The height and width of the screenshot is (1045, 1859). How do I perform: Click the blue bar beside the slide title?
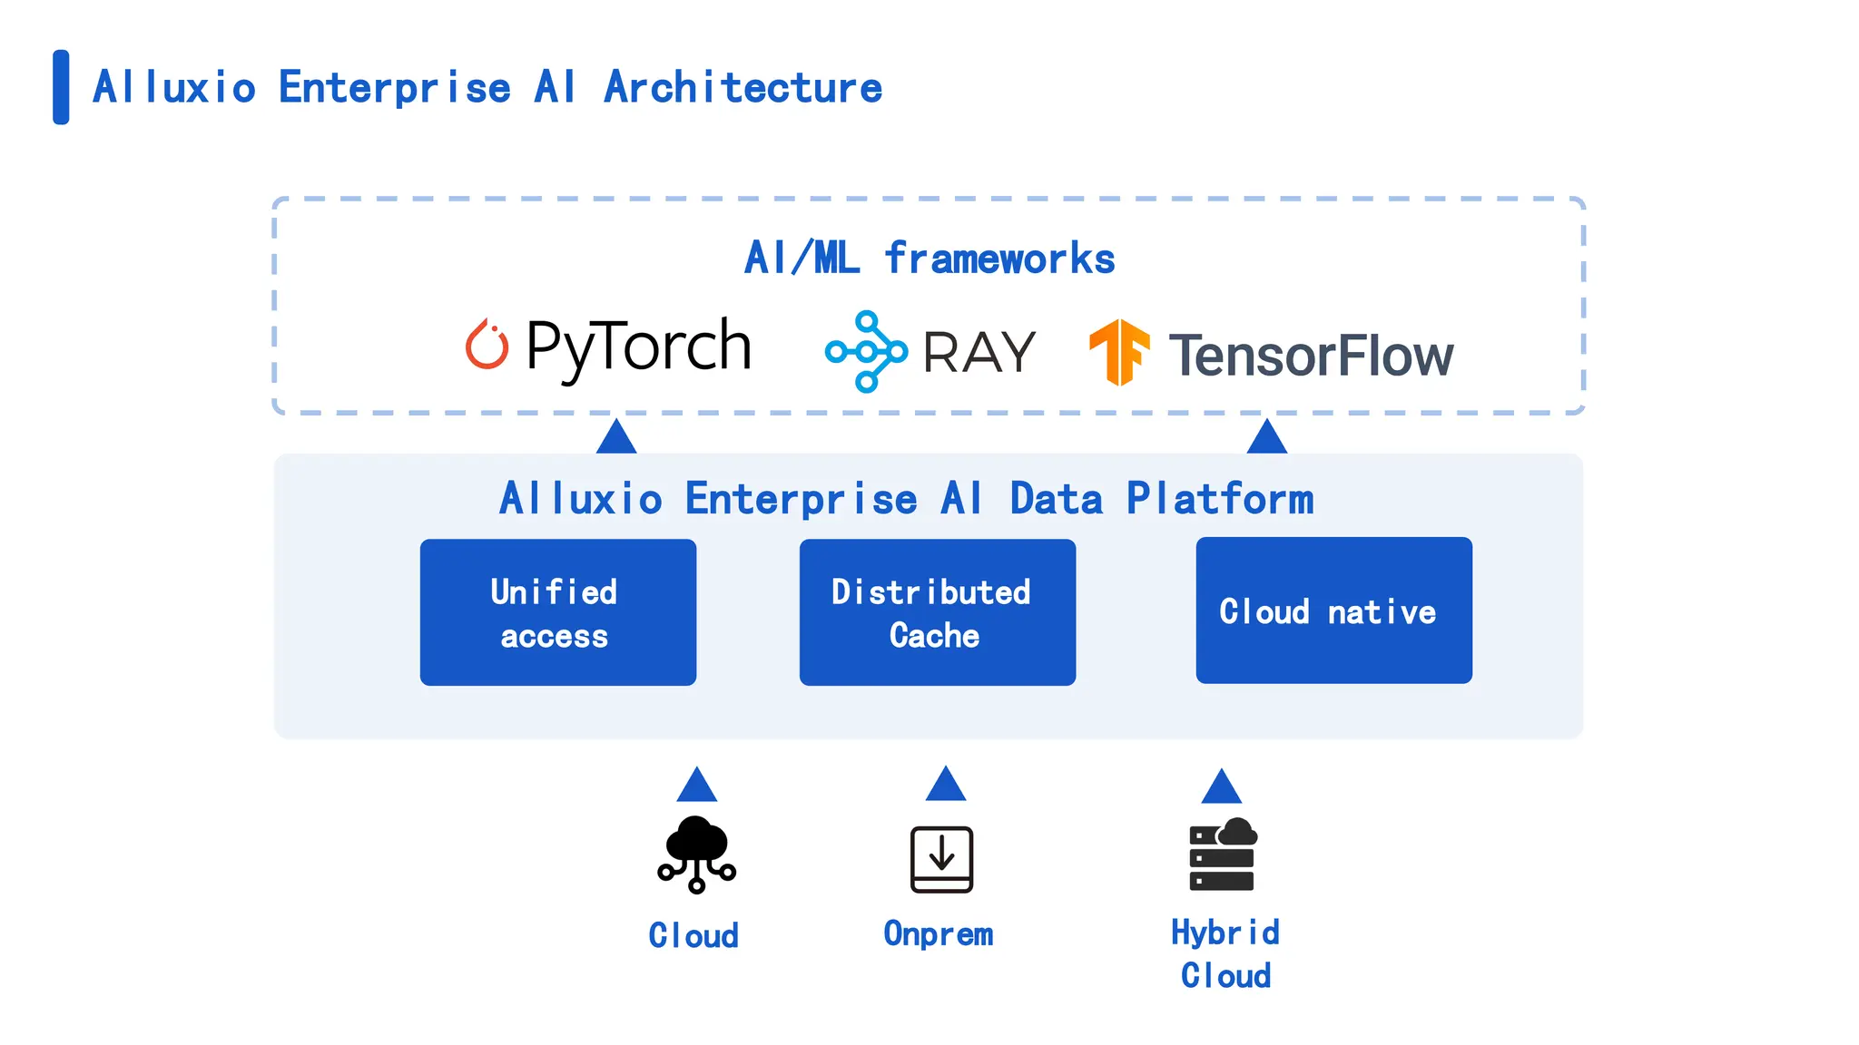pos(61,87)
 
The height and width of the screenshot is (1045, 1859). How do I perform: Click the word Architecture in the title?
pos(743,88)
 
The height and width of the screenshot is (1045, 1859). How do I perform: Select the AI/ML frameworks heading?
pos(929,259)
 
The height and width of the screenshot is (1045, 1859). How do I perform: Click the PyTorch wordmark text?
pos(639,347)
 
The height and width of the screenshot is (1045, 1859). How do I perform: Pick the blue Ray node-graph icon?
pos(866,352)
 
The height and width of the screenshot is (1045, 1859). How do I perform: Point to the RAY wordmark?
pos(979,353)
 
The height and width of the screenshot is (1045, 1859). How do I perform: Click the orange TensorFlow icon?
pos(1119,352)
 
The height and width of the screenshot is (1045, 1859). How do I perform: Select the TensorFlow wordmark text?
pos(1311,356)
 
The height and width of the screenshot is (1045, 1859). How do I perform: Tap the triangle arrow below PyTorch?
pos(616,438)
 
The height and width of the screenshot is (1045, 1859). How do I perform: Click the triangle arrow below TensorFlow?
pos(1267,438)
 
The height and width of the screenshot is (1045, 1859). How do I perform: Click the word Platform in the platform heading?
pos(1220,499)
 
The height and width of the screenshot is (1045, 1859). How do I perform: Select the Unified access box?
pos(557,612)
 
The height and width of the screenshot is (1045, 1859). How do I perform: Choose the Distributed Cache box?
pos(937,612)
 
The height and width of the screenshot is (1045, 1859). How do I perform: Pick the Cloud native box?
pos(1333,610)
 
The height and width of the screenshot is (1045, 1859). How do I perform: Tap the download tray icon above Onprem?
pos(941,859)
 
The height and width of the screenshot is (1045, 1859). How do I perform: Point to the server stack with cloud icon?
pos(1223,855)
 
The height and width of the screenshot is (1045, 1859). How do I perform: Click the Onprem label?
pos(938,933)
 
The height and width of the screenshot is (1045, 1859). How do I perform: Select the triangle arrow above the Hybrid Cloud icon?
pos(1222,788)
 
